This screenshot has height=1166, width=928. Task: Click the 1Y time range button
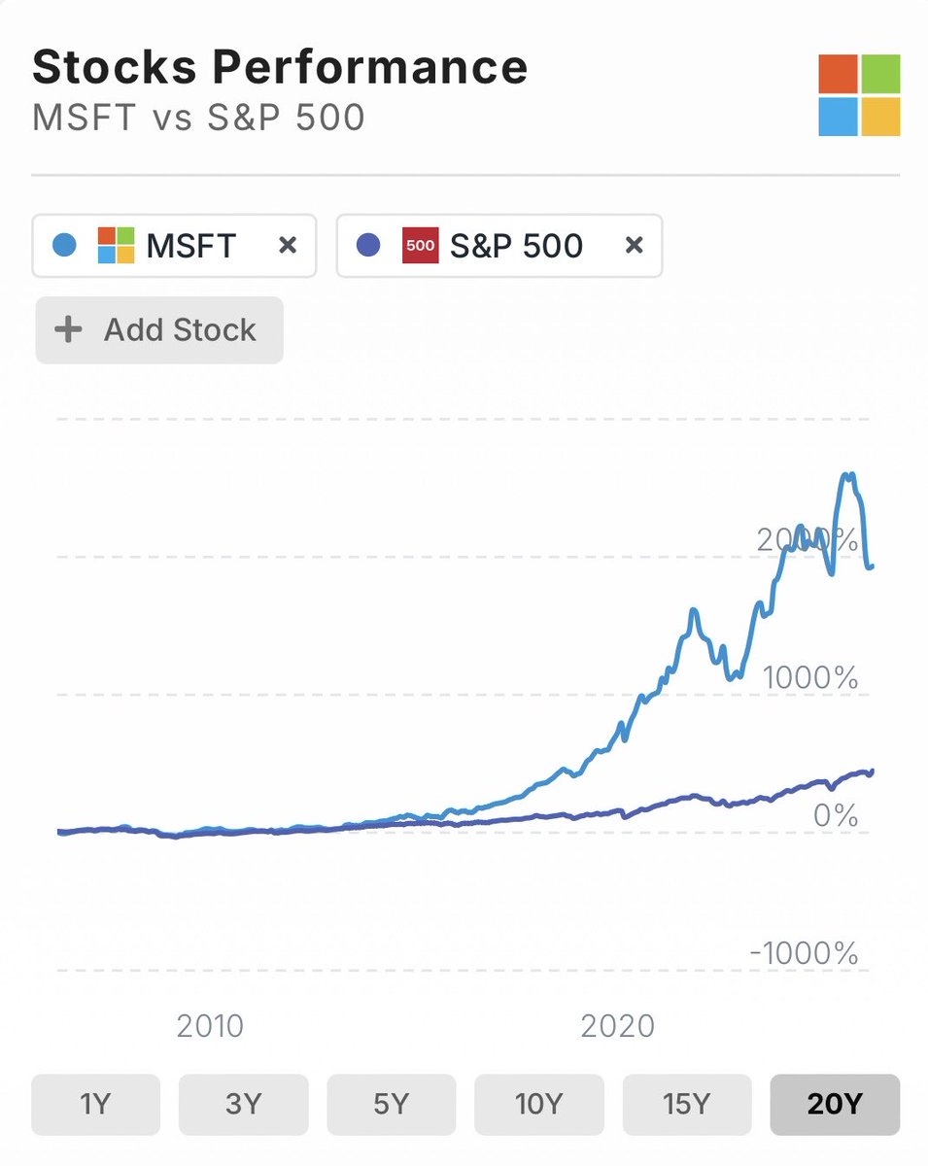click(x=95, y=1105)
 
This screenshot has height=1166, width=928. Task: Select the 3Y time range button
click(x=243, y=1105)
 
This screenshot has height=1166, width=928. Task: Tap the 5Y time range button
click(x=391, y=1105)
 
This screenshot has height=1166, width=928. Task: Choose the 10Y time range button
click(x=538, y=1105)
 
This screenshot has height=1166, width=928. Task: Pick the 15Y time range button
click(x=686, y=1105)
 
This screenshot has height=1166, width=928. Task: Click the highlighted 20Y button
click(x=835, y=1105)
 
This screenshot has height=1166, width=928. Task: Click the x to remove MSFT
click(x=287, y=246)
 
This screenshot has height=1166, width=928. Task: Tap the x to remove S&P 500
click(x=634, y=246)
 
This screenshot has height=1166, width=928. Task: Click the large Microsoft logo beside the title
click(x=859, y=95)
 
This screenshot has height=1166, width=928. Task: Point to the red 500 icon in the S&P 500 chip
click(x=420, y=246)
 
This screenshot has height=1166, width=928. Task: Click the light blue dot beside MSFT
click(x=64, y=246)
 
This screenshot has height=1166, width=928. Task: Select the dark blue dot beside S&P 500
click(x=368, y=246)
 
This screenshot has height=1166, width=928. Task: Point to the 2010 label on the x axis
click(x=210, y=1025)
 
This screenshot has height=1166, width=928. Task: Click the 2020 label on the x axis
click(x=617, y=1025)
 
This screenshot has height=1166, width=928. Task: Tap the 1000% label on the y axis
click(x=810, y=677)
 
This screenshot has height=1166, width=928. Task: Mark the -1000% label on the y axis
click(x=804, y=953)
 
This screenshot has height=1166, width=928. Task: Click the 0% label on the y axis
click(x=835, y=815)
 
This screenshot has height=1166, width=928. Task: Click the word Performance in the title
click(x=370, y=67)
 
